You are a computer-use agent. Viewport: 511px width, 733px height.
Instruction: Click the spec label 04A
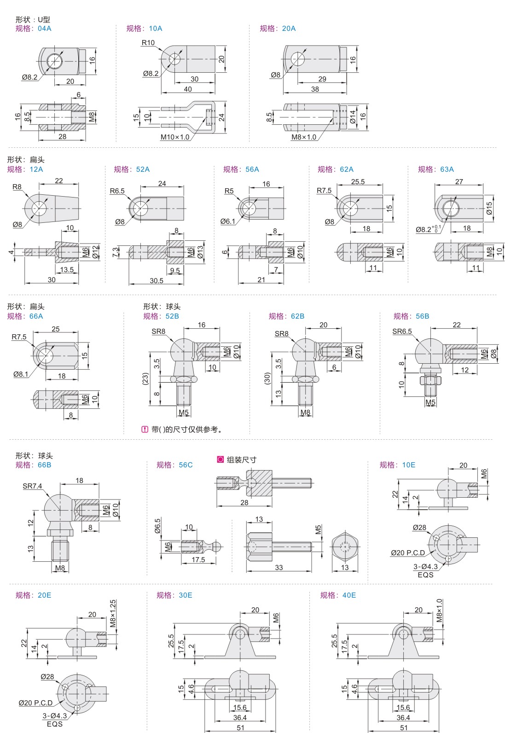(45, 29)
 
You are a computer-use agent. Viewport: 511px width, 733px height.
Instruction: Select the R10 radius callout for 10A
(148, 43)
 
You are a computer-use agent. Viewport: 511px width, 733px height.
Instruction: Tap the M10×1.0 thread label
(174, 137)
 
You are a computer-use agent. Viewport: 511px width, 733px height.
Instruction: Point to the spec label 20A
(289, 29)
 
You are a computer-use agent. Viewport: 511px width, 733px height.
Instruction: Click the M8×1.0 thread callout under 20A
(304, 137)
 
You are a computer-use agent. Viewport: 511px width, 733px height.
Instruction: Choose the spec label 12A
(36, 169)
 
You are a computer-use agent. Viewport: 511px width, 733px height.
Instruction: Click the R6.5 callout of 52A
(117, 191)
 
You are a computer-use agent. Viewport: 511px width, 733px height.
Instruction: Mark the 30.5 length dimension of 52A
(157, 280)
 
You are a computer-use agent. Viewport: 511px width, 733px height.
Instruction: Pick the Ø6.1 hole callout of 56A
(228, 221)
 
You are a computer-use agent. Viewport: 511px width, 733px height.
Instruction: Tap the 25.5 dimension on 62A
(358, 182)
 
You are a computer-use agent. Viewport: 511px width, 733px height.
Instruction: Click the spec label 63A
(447, 169)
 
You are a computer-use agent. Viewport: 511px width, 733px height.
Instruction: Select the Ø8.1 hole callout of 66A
(21, 374)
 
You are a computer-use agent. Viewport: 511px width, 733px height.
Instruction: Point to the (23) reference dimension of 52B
(145, 378)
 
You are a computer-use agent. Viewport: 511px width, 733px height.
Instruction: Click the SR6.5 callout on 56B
(402, 332)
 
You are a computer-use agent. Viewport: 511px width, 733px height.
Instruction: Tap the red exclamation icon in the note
(145, 430)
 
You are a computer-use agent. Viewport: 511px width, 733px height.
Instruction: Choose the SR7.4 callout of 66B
(32, 486)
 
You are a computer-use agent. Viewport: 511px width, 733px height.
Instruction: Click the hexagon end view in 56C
(345, 547)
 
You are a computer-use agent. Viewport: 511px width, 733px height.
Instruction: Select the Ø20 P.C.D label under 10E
(407, 553)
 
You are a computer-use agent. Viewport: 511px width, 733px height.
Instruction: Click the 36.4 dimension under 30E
(239, 717)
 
